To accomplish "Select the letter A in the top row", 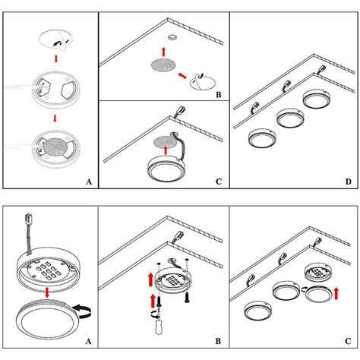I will tap(89, 182).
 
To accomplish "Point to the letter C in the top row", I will tap(219, 182).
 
